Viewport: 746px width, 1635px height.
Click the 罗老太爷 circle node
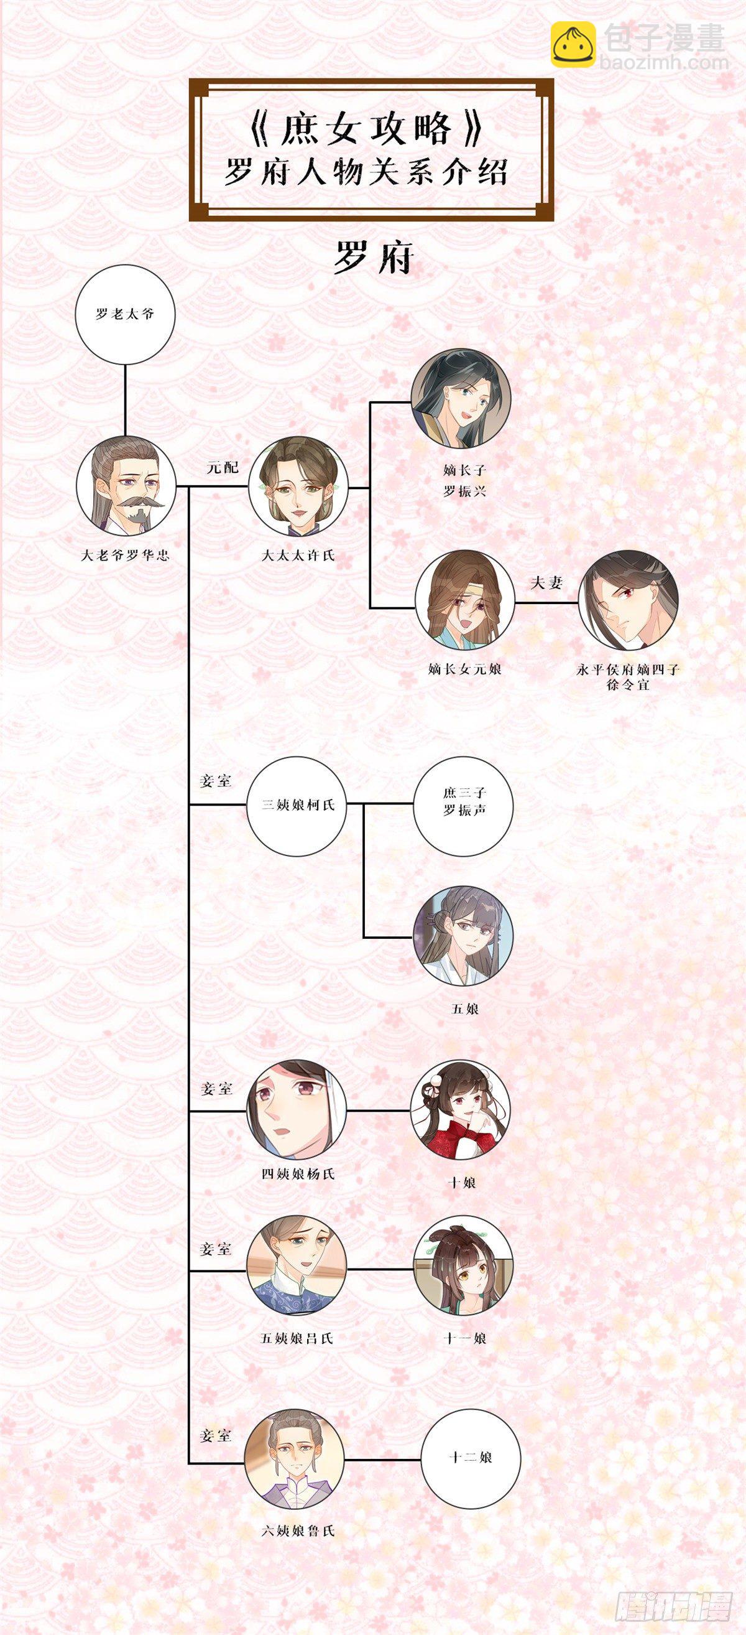tap(125, 314)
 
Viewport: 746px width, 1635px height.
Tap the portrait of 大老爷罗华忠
tap(126, 486)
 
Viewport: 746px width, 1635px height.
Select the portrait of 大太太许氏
tap(298, 486)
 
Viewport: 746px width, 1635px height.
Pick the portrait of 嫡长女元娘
tap(465, 600)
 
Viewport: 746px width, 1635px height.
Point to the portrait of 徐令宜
tap(629, 600)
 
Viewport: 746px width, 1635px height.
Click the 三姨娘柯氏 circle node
tap(298, 806)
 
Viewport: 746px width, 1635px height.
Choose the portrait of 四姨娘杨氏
tap(297, 1110)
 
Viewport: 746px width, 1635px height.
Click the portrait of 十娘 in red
tap(461, 1110)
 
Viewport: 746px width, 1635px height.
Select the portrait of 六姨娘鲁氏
tap(295, 1436)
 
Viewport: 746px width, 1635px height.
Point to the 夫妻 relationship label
tap(547, 582)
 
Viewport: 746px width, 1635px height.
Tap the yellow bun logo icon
tap(572, 44)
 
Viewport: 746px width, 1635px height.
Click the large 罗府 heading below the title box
tap(373, 257)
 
